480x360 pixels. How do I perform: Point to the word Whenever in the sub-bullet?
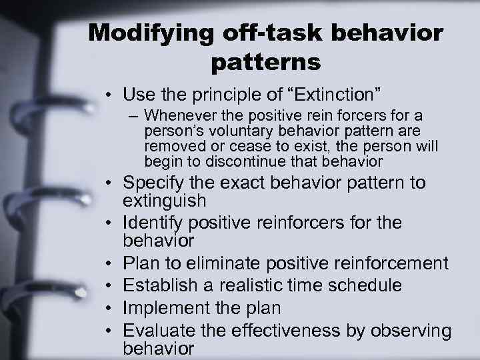(x=179, y=116)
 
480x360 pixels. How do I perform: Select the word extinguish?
(x=165, y=200)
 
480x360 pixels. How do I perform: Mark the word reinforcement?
(x=387, y=263)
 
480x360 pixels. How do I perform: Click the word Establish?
(x=161, y=285)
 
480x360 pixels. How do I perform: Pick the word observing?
(x=413, y=331)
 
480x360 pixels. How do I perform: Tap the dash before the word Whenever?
(x=135, y=117)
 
